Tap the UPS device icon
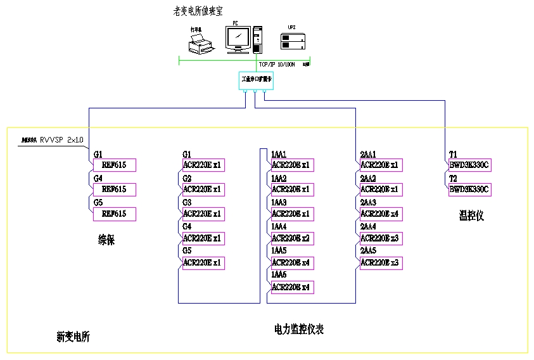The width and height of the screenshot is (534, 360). [x=293, y=41]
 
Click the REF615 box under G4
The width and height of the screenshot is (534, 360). [x=115, y=190]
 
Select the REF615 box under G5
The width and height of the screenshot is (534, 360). [x=115, y=214]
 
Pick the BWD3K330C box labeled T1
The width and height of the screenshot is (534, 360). [x=470, y=165]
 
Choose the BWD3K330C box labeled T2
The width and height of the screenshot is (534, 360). [x=470, y=190]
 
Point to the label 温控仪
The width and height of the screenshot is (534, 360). [x=471, y=216]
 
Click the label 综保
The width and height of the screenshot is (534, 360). [x=106, y=240]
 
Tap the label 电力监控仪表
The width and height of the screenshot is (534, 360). [x=299, y=330]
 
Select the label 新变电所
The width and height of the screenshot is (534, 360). [x=73, y=337]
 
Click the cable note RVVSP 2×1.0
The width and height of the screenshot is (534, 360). [x=61, y=139]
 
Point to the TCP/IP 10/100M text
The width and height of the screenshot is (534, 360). [x=279, y=64]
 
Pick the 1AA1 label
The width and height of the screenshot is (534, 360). [x=279, y=155]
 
